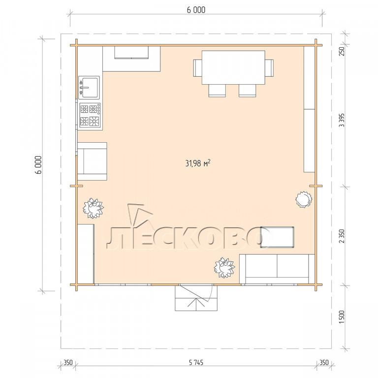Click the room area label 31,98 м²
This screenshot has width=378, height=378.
coord(197,163)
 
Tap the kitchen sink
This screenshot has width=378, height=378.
coord(89,87)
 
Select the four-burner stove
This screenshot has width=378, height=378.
coord(90,115)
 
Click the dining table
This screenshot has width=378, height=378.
coord(233,67)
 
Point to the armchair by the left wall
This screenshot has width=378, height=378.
coord(92,161)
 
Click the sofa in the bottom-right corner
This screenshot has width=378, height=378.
coord(277,269)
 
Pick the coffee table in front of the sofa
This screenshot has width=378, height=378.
coord(277,237)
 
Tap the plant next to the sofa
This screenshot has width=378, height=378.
coord(224,268)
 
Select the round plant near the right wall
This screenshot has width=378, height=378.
coord(304,199)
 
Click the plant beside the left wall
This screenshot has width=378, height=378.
coord(93,208)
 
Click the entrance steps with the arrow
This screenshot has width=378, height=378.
coord(196,297)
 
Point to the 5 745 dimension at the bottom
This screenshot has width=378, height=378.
coord(196,362)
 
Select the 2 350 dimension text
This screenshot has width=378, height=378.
coord(342,236)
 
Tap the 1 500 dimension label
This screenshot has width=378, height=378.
coord(342,317)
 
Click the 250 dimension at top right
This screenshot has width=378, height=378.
coord(342,51)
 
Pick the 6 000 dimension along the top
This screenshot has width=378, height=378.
coord(196,10)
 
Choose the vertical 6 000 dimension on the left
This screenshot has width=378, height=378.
coord(39,165)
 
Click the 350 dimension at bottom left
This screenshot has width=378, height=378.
coord(68,362)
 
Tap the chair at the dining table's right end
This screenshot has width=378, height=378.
coord(270,68)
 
